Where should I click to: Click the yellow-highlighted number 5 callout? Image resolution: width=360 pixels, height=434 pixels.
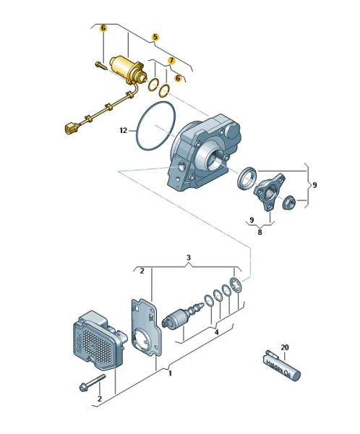tap(155, 37)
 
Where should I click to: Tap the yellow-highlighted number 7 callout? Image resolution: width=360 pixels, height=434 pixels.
tap(171, 60)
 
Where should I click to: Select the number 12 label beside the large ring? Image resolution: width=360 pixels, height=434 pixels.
tap(124, 130)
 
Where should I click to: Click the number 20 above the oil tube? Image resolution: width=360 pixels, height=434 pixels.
tap(285, 347)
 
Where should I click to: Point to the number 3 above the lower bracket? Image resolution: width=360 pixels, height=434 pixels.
tap(189, 258)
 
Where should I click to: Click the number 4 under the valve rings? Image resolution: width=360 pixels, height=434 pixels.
tap(217, 332)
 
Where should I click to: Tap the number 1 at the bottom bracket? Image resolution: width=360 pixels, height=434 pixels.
tap(170, 373)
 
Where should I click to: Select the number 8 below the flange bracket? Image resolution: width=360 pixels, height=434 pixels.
tap(260, 232)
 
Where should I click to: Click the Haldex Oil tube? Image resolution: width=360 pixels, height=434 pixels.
tap(280, 366)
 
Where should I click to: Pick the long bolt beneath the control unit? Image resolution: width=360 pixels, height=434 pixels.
tap(92, 383)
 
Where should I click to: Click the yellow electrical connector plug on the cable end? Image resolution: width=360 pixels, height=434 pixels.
tap(72, 128)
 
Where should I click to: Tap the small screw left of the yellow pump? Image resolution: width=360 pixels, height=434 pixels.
tap(101, 66)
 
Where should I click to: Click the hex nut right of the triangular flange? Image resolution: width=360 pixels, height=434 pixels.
tap(288, 202)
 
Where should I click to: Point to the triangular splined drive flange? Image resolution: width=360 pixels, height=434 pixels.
tap(269, 192)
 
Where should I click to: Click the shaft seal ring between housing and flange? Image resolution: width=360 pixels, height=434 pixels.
tap(247, 179)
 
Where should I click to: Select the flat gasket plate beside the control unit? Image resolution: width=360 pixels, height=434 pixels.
tap(146, 328)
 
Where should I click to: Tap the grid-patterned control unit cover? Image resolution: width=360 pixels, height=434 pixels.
tap(98, 340)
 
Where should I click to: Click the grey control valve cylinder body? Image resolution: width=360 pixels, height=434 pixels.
tap(176, 318)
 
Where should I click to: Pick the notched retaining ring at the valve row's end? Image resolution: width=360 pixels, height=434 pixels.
tap(236, 285)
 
